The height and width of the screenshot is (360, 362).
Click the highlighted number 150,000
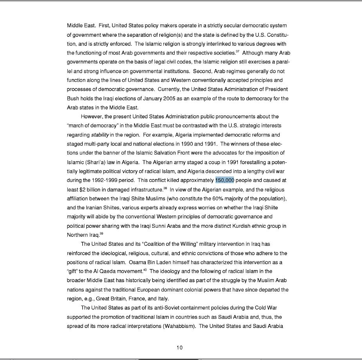(x=224, y=180)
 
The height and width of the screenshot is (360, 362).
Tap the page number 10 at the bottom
(x=179, y=347)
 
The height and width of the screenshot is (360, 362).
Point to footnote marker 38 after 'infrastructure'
(x=165, y=188)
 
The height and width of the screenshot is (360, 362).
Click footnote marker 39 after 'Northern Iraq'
(x=101, y=233)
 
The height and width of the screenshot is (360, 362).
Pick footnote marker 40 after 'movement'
(x=145, y=270)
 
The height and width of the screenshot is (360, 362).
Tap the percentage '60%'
(x=220, y=199)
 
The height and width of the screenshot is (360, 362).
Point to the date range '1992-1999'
(x=105, y=180)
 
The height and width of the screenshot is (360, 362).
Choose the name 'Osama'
(x=138, y=262)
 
